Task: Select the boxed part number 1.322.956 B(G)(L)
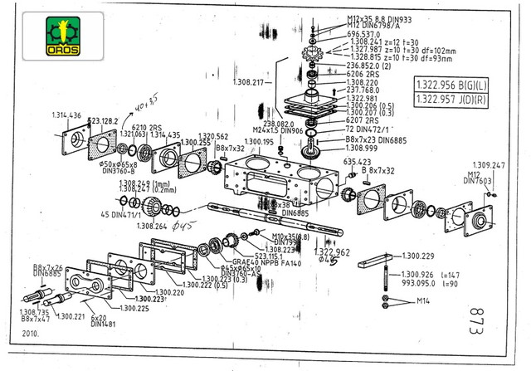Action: pyautogui.click(x=453, y=85)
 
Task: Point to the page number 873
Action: pyautogui.click(x=474, y=320)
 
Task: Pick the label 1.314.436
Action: pyautogui.click(x=66, y=115)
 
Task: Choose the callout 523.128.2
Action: pyautogui.click(x=104, y=121)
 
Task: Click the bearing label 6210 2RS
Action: pyautogui.click(x=146, y=127)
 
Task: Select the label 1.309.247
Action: pyautogui.click(x=488, y=165)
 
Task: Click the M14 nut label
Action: pyautogui.click(x=423, y=300)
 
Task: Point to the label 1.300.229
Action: pyautogui.click(x=419, y=256)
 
